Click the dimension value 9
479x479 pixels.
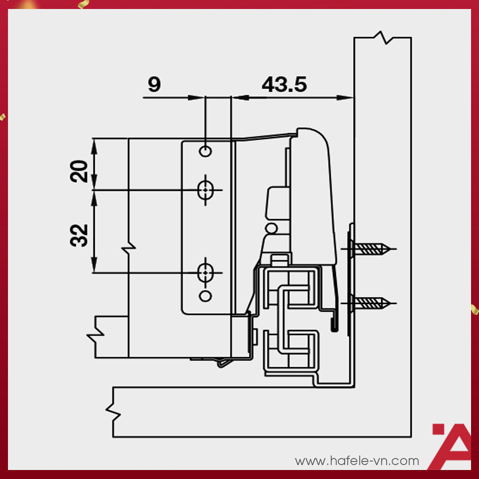[154, 84]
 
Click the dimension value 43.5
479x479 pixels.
[284, 84]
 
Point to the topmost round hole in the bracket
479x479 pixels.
[205, 151]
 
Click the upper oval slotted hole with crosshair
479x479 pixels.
[205, 190]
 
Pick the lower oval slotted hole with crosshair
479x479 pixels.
[205, 273]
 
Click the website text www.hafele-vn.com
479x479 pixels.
[357, 461]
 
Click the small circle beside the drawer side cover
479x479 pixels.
[271, 229]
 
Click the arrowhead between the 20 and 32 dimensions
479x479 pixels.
[94, 190]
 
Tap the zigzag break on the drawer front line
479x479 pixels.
[129, 247]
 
